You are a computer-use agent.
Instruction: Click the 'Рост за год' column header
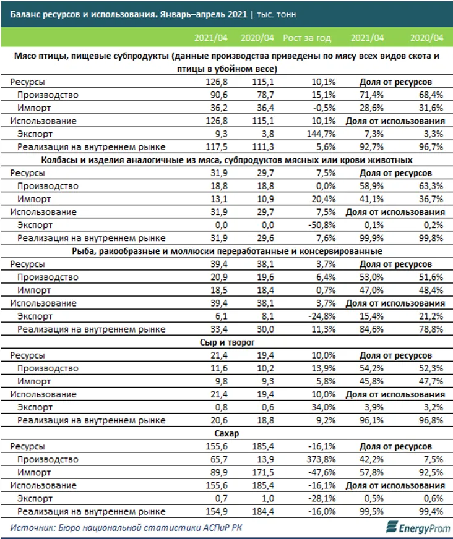point(307,38)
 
